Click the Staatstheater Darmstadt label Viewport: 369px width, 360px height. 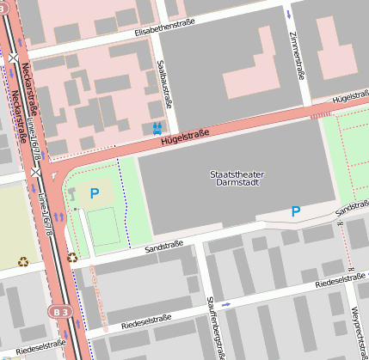coord(237,179)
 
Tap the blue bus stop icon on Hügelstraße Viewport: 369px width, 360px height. coord(157,128)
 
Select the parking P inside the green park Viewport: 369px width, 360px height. coord(95,193)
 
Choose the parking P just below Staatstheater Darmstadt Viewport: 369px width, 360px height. coord(295,211)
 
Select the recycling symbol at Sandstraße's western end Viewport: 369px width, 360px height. coord(72,256)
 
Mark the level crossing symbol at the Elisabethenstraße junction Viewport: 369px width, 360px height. coord(14,58)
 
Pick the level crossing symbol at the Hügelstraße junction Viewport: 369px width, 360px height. coord(35,172)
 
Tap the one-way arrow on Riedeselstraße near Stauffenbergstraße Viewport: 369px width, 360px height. coord(226,304)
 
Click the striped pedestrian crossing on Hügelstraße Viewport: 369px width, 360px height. coord(320,113)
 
